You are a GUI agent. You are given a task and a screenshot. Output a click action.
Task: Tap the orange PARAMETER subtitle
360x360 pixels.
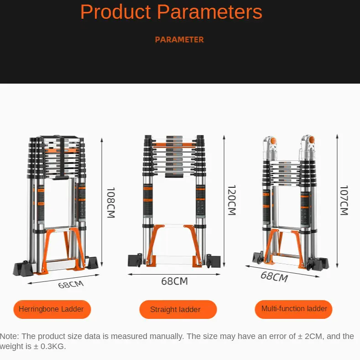pyautogui.click(x=179, y=40)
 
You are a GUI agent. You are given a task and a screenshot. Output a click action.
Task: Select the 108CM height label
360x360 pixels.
pyautogui.click(x=111, y=202)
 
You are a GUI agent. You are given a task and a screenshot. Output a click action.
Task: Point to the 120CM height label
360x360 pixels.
pyautogui.click(x=231, y=200)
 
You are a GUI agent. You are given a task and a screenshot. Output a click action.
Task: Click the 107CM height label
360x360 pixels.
pyautogui.click(x=344, y=200)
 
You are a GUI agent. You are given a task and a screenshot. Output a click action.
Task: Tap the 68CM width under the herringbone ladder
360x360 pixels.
pyautogui.click(x=71, y=285)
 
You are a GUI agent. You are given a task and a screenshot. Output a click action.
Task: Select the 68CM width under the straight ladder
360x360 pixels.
pyautogui.click(x=174, y=281)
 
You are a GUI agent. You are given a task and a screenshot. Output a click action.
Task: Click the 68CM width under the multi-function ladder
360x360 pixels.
pyautogui.click(x=274, y=277)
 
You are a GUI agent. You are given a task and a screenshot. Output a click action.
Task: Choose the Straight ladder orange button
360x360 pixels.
pyautogui.click(x=175, y=310)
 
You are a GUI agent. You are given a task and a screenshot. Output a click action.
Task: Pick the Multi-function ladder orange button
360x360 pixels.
pyautogui.click(x=294, y=309)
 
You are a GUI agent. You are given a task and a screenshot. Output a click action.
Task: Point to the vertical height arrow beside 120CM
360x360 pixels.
pyautogui.click(x=224, y=201)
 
